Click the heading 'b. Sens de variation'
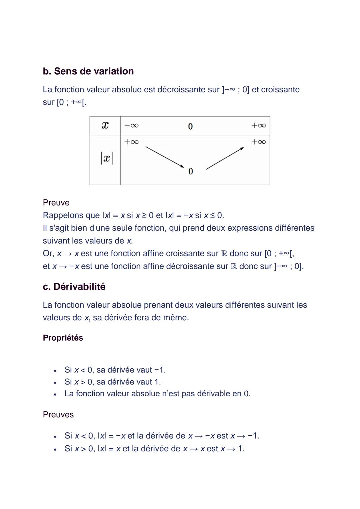coord(88,71)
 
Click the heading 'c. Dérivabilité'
coord(74,287)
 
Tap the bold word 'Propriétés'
coord(63,338)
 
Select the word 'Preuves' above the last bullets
coord(58,415)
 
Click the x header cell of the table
coord(105,126)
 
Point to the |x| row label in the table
coord(107,158)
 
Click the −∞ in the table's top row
coord(131,126)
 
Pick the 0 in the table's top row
coord(190,126)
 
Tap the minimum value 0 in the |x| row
coord(191,171)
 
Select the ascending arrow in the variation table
coord(225,158)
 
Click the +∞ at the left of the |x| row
coord(131,142)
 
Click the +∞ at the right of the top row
coord(259,126)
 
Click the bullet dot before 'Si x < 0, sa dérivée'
coord(55,370)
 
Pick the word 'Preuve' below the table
coord(56,203)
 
